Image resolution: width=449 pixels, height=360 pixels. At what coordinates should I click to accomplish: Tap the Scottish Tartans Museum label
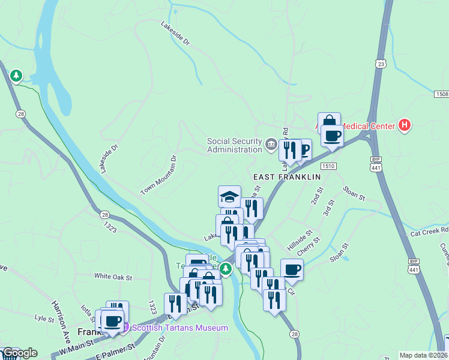coord(179,328)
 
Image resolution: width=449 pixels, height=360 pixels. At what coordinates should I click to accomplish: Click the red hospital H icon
coord(405,125)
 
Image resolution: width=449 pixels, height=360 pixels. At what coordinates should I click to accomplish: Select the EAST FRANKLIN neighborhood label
coord(287,178)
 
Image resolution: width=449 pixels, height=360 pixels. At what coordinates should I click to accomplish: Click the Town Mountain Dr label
coord(159,175)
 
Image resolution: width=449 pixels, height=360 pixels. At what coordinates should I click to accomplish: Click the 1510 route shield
coord(328,166)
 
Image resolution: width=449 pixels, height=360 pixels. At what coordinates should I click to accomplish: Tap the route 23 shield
coord(381,64)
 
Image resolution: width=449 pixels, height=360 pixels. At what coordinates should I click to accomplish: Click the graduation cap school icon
coord(229,196)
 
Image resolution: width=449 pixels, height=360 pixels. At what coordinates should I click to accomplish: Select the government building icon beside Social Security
coord(271,144)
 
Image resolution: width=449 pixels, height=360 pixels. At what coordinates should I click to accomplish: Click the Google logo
coord(19,353)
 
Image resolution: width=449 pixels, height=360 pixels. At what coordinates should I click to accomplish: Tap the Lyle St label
coord(44,317)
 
